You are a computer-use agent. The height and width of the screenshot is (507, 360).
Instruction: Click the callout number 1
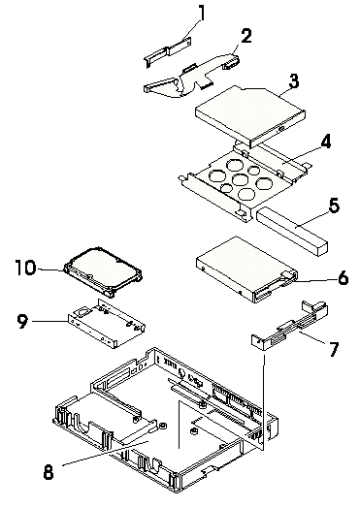point(202,13)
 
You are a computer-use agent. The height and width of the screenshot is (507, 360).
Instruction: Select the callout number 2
point(246,36)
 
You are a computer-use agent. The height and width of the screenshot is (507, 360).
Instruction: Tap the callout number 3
point(294,80)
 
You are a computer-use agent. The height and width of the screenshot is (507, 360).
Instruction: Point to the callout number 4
point(325,142)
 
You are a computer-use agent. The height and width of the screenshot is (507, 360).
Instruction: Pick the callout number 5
point(334,206)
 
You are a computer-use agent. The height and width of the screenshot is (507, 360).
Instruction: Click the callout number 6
point(343,278)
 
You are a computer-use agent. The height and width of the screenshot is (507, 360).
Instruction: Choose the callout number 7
point(334,349)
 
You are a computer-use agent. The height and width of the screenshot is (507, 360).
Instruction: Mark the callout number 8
point(49,472)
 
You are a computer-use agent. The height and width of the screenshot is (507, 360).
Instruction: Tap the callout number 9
point(22,322)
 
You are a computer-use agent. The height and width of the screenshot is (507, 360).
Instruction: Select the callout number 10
point(26,268)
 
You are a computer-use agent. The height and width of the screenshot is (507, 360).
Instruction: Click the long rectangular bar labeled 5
point(292,232)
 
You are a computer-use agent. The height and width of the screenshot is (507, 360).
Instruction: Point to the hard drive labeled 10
point(103,271)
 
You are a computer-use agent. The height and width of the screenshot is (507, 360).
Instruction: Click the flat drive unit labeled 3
point(250,115)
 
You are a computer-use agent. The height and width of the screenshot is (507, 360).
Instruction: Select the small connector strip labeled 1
point(167,52)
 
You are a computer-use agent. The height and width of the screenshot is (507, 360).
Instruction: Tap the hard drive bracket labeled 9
point(107,324)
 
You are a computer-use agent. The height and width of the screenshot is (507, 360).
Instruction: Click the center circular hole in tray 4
point(240,179)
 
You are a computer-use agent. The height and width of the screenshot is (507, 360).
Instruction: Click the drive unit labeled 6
point(246,269)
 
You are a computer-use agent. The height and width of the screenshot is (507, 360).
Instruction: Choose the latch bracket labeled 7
point(290,326)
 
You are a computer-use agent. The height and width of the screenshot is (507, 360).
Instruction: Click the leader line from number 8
point(105,453)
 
